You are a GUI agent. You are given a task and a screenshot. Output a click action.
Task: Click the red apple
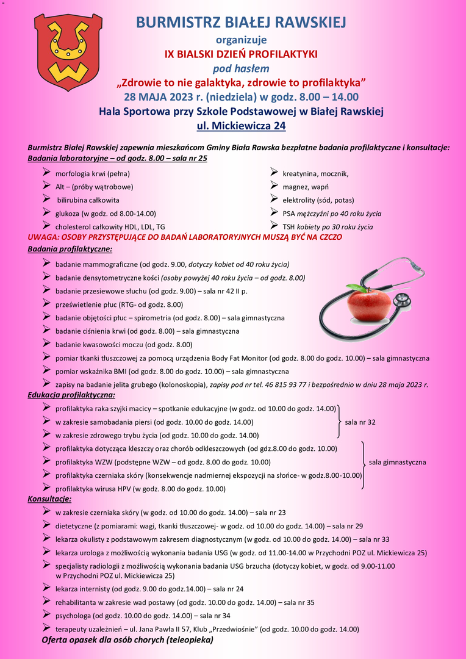[x=370, y=303]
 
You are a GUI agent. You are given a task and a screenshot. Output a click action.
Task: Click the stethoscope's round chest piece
[x=401, y=300]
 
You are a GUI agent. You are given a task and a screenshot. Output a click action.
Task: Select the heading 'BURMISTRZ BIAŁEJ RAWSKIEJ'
[x=240, y=23]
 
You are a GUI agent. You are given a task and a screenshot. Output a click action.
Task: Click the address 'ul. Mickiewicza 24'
[x=240, y=126]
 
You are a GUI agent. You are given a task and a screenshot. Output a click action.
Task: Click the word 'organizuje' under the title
[x=241, y=40]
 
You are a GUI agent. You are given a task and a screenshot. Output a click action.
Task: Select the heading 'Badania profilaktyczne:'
[x=70, y=249]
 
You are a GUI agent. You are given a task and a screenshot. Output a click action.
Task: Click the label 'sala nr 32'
[x=360, y=422]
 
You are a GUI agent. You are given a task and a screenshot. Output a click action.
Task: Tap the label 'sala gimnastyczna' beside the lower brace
[x=398, y=462]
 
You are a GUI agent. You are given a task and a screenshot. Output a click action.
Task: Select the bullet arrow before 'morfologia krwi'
[x=46, y=173]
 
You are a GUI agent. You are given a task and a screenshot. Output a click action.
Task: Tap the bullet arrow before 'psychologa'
[x=46, y=614]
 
